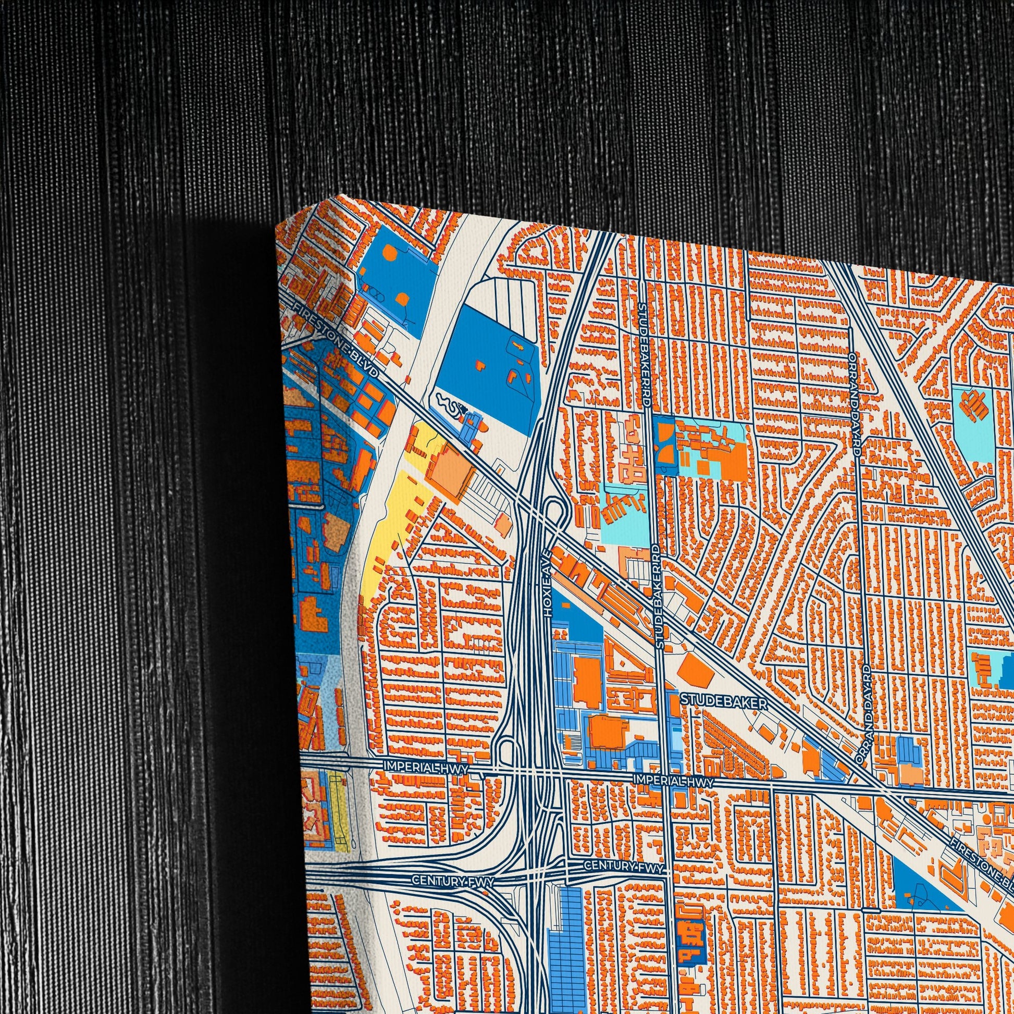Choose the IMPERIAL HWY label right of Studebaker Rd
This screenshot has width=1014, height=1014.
pos(674,782)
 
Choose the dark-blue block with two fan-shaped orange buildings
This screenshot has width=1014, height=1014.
pos(666,442)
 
